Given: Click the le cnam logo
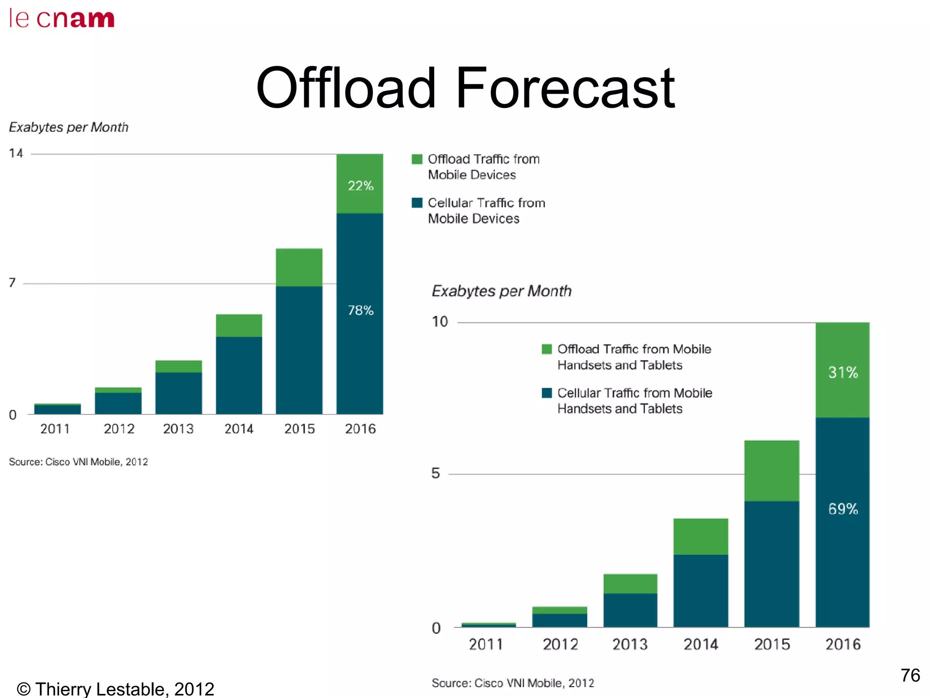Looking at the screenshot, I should (x=62, y=19).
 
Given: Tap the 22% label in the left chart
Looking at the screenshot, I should (x=360, y=185).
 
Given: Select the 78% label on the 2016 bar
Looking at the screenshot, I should (x=360, y=310).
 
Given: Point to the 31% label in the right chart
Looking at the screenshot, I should (x=843, y=373).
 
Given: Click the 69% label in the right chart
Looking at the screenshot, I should (x=843, y=509).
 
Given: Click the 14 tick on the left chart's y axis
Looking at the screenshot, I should (x=16, y=153).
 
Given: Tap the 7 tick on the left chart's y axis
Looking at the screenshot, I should (x=13, y=283).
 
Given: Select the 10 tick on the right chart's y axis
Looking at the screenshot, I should (x=440, y=322).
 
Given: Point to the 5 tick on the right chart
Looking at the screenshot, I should (x=435, y=474).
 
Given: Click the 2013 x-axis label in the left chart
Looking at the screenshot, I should (x=178, y=429).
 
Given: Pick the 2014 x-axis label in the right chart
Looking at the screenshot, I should (x=701, y=644).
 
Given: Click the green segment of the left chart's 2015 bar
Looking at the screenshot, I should (x=299, y=267).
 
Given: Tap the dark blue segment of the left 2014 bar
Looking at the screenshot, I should (x=239, y=375).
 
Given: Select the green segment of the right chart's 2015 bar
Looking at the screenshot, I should (x=772, y=470).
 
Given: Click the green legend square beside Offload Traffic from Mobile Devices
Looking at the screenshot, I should (x=417, y=160).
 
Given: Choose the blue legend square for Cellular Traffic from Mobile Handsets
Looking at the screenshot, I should (x=547, y=393).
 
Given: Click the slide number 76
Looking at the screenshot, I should (x=910, y=675).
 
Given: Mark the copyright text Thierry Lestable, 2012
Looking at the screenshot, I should (x=115, y=689).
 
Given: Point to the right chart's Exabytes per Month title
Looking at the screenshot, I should (x=501, y=291).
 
